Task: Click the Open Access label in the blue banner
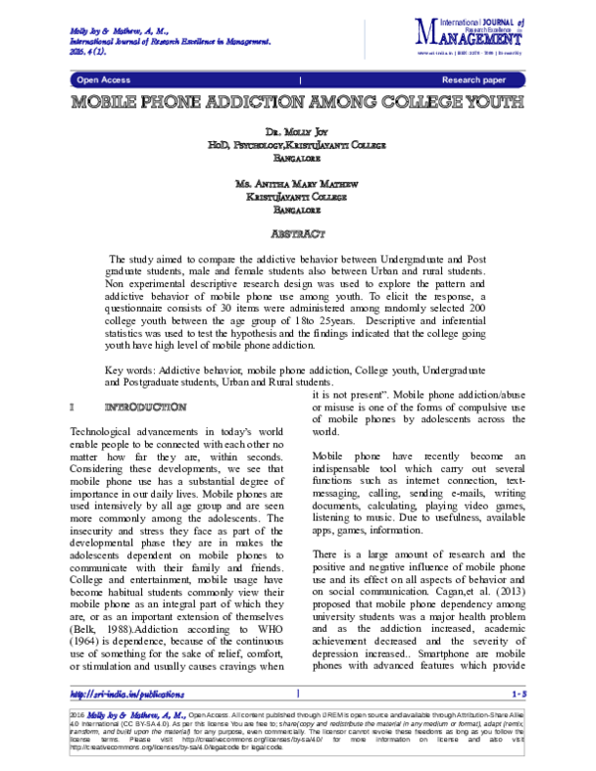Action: pos(101,78)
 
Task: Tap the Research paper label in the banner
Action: pos(474,78)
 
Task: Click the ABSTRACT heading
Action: pos(298,234)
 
